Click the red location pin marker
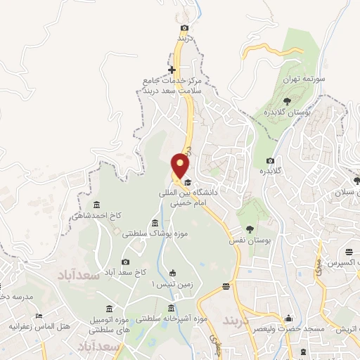click(181, 166)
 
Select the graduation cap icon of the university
click(188, 182)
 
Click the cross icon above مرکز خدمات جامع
click(173, 70)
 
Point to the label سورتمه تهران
click(303, 80)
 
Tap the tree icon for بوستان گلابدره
click(287, 101)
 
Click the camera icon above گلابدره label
click(271, 161)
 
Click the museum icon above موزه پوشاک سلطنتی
click(155, 223)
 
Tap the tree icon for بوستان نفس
click(250, 229)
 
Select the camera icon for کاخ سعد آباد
click(126, 262)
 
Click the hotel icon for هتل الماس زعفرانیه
click(39, 316)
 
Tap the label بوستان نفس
click(250, 240)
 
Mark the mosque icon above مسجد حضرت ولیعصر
click(288, 319)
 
